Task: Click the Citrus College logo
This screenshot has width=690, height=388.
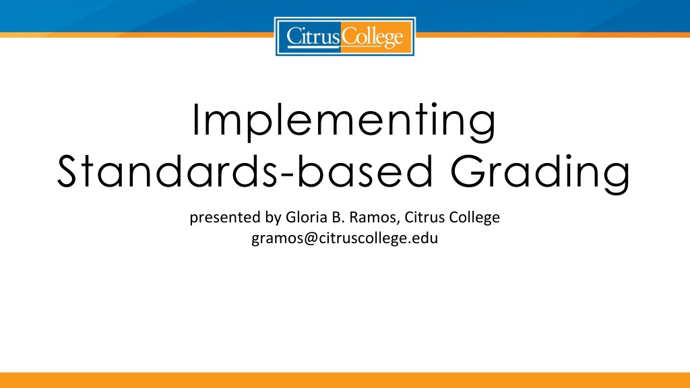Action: (344, 36)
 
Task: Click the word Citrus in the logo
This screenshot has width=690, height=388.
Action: (313, 36)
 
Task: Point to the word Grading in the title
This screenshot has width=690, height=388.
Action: (541, 173)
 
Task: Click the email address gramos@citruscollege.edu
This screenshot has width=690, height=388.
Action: (344, 238)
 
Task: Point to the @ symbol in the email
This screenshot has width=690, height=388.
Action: (310, 238)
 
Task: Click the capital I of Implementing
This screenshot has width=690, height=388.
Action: (195, 119)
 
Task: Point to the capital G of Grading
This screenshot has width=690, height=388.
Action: (468, 171)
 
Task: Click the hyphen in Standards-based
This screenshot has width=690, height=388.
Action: (286, 176)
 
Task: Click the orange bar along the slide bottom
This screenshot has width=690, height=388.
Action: (345, 380)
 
